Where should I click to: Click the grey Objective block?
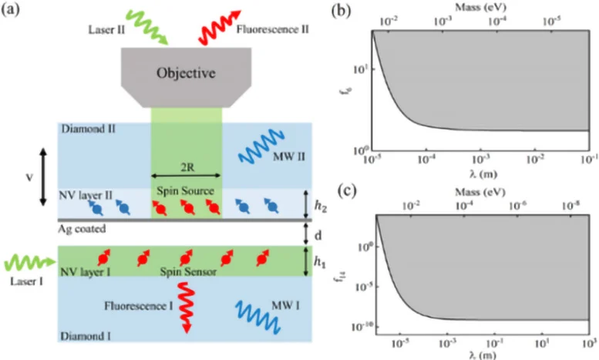click(x=187, y=75)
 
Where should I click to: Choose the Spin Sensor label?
click(x=187, y=273)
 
